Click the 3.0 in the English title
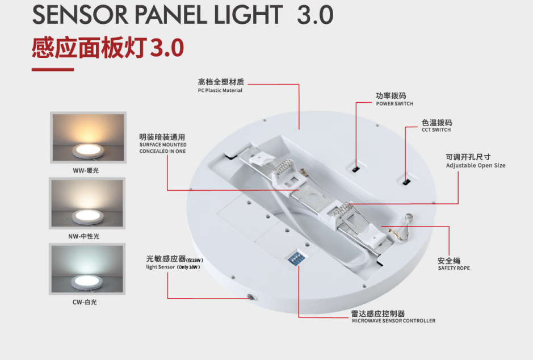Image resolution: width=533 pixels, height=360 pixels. [x=315, y=15]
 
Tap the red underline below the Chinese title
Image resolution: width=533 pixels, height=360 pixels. [x=53, y=69]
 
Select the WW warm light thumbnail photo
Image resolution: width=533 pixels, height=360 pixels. [x=87, y=138]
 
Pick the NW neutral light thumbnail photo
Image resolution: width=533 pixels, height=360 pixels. [x=87, y=204]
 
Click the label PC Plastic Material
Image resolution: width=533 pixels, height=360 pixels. [x=220, y=91]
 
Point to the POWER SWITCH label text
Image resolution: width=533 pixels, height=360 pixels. [x=394, y=104]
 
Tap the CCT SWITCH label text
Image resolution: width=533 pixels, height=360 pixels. [x=437, y=130]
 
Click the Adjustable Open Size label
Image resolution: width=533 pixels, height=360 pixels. [x=475, y=166]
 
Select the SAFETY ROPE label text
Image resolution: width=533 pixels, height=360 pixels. [x=454, y=268]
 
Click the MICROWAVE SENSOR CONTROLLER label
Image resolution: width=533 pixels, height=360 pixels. [x=393, y=321]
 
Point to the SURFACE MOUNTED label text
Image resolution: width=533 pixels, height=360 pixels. [x=163, y=145]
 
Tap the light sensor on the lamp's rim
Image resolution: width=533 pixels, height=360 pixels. [x=250, y=296]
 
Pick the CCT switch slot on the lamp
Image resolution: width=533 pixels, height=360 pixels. [x=406, y=182]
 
